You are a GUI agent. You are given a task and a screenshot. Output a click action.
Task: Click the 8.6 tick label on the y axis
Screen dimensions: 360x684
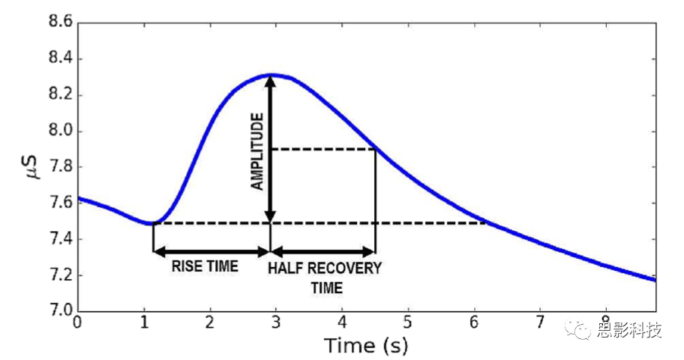click(59, 23)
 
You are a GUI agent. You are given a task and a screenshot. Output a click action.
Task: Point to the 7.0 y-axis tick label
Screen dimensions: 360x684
click(59, 311)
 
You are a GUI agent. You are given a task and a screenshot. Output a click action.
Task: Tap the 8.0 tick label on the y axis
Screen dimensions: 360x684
click(59, 131)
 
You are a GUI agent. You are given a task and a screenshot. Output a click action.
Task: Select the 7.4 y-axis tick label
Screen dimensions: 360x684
click(59, 239)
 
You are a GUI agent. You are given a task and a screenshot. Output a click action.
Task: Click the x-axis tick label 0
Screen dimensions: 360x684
click(77, 324)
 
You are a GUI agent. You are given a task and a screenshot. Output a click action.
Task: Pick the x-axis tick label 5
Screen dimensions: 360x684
click(407, 324)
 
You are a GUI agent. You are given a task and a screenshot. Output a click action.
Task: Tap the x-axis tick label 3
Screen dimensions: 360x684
click(275, 324)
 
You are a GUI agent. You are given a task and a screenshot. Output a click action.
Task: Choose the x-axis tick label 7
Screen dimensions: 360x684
click(539, 324)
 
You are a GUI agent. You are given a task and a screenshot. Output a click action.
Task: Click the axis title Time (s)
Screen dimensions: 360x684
click(367, 346)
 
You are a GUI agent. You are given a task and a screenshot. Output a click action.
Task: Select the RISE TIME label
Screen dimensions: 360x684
click(205, 266)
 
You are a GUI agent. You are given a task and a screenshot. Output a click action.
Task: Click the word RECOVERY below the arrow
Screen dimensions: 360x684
click(345, 268)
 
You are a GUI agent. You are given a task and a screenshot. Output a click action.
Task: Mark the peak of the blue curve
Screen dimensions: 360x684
click(271, 74)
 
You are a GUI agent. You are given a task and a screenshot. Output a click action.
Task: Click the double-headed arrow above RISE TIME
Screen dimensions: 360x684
click(211, 251)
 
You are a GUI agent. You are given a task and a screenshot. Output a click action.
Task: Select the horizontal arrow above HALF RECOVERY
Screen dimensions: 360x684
click(323, 251)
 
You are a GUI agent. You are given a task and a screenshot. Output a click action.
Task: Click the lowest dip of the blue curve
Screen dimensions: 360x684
click(152, 223)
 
